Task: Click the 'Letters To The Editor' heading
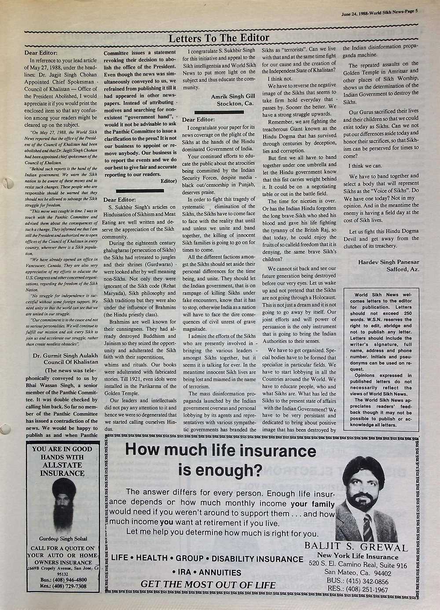coord(219,38)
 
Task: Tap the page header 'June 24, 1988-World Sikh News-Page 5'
coord(379,13)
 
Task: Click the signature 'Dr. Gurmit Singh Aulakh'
coord(66,355)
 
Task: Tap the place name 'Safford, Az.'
coord(403,269)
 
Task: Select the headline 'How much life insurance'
coord(220,450)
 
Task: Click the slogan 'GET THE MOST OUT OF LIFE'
coord(208,585)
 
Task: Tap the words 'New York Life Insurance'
coord(357,556)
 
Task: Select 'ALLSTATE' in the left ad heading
coord(62,465)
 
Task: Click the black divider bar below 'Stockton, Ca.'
coord(219,113)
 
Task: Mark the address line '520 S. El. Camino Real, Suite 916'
coord(358,565)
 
